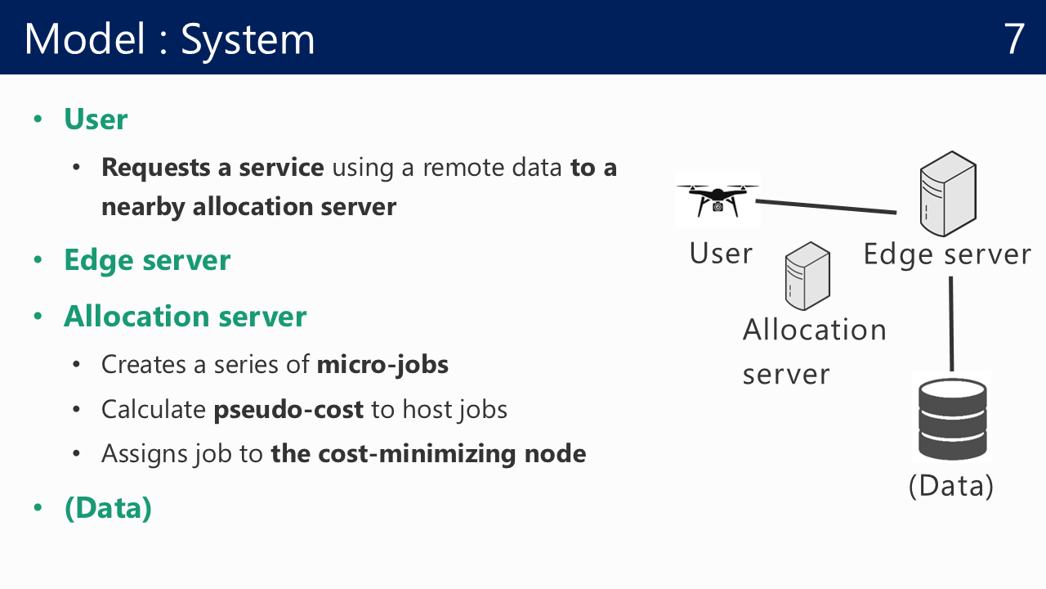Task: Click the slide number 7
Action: tap(1014, 38)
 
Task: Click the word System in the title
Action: tap(248, 41)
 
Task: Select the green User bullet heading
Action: tap(96, 119)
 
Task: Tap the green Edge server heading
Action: tap(147, 260)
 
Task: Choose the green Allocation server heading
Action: tap(186, 317)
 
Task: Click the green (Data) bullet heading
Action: tap(109, 508)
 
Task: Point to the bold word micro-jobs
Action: tap(382, 365)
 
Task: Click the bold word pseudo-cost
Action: tap(288, 410)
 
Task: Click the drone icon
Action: tap(717, 200)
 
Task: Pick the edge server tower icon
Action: tap(948, 194)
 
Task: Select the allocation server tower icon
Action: tap(807, 276)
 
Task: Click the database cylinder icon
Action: tap(952, 419)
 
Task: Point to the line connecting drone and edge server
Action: tap(826, 207)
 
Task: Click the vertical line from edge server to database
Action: tap(951, 324)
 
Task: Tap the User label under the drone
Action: tap(721, 254)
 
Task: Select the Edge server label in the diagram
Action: tap(947, 255)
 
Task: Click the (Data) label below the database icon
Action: tap(951, 486)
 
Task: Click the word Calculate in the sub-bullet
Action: tap(154, 410)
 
